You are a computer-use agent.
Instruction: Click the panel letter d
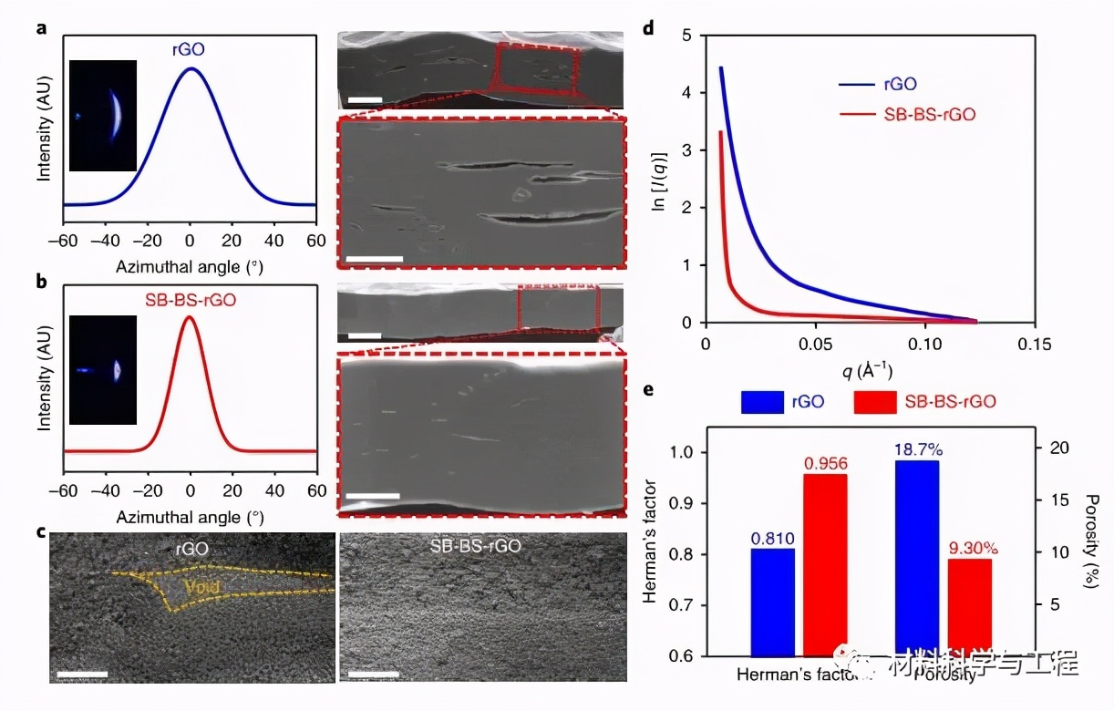point(649,27)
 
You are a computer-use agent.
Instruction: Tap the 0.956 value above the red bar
point(825,464)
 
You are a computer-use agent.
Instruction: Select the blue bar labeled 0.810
point(772,602)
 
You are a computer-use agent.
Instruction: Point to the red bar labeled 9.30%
point(969,607)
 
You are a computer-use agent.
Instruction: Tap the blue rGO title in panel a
point(189,50)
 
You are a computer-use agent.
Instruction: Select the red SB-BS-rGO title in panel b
point(189,298)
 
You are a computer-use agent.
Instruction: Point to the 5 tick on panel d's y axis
point(686,36)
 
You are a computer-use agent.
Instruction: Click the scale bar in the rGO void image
point(82,675)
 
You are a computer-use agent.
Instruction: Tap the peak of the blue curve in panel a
point(191,67)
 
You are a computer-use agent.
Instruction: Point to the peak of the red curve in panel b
point(190,317)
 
